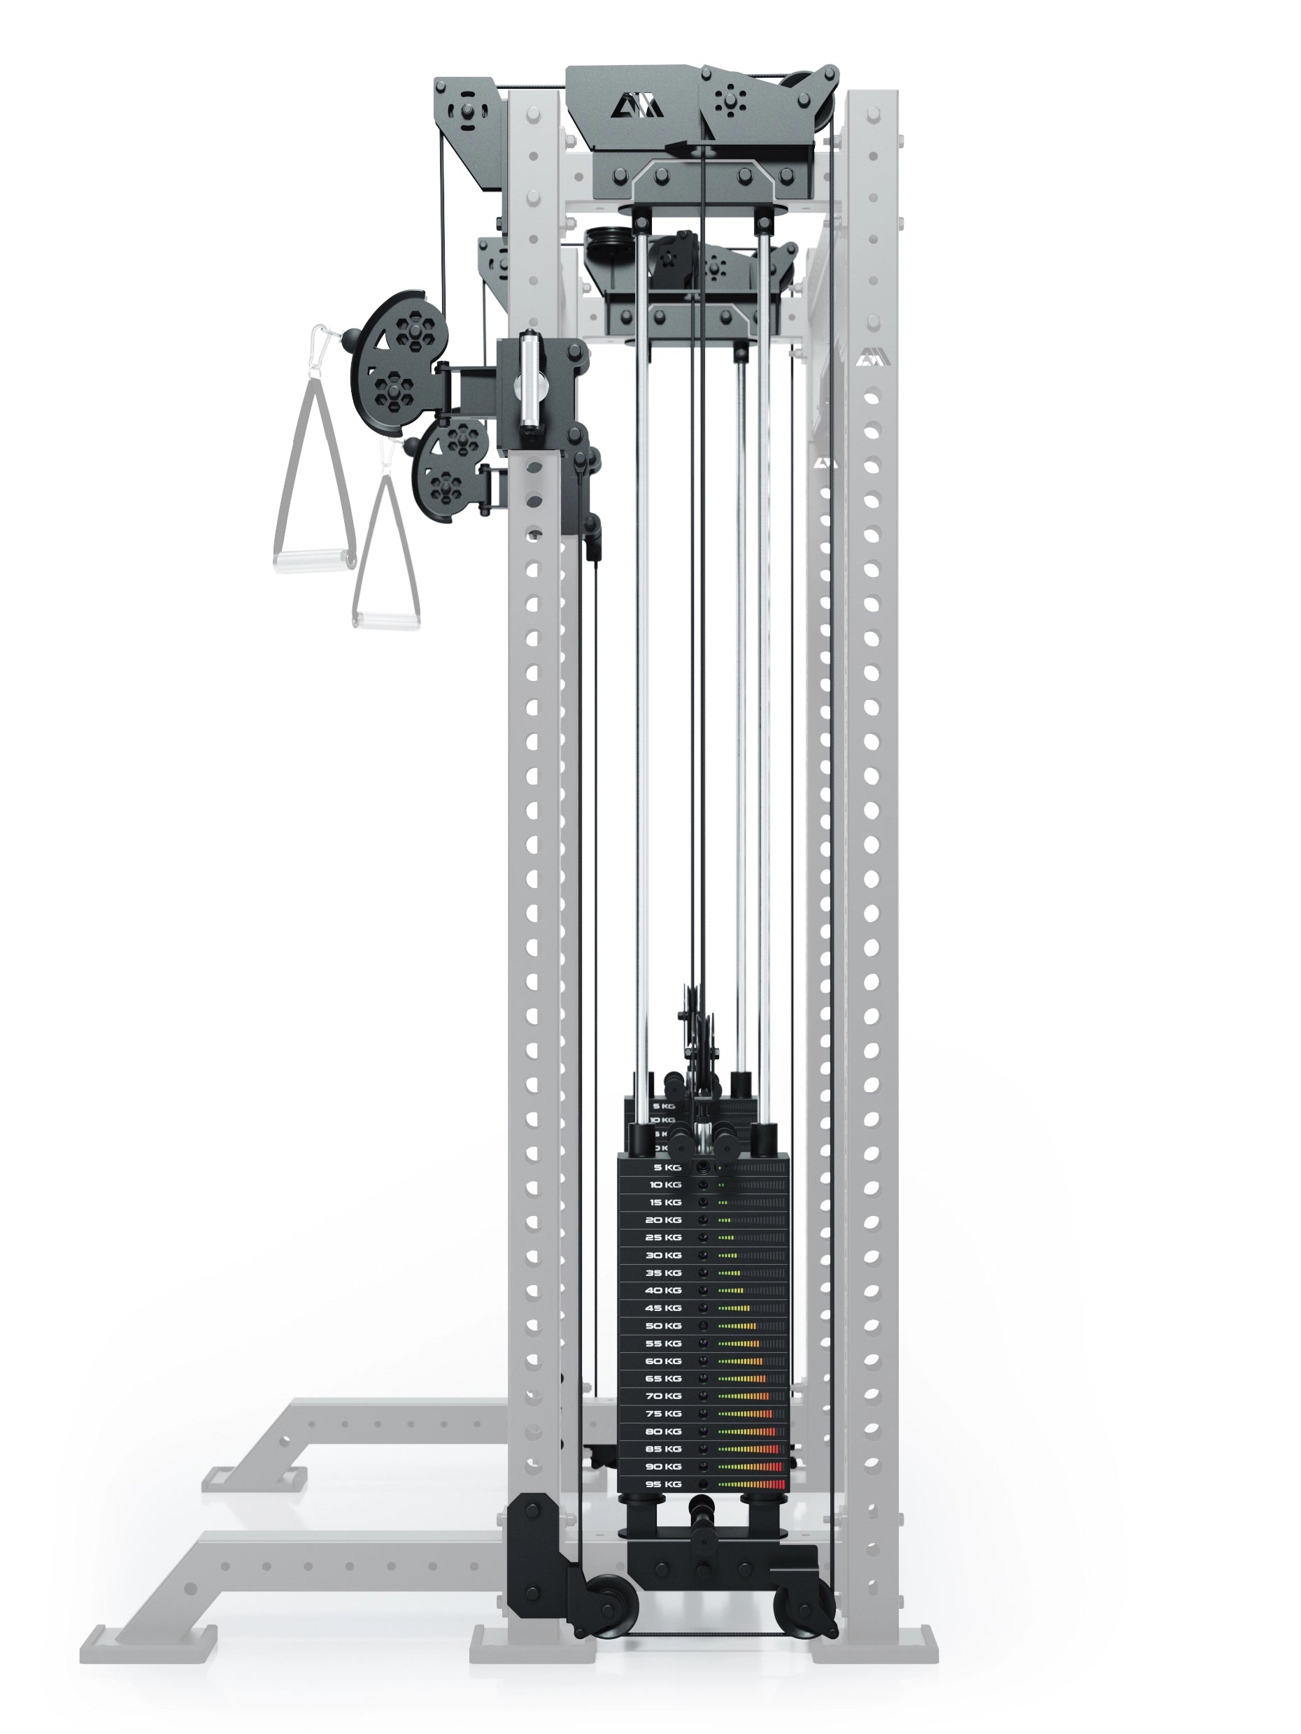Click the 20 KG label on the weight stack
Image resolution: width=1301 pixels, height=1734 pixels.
point(662,1220)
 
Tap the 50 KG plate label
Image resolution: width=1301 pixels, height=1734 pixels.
point(662,1326)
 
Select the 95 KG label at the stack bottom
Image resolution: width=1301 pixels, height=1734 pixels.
point(662,1484)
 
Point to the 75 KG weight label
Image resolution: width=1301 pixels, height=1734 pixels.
point(662,1413)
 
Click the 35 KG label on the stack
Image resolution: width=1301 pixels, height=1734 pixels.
point(662,1273)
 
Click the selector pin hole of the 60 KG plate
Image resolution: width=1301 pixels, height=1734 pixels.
point(703,1361)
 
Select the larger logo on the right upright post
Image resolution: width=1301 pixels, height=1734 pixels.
point(867,357)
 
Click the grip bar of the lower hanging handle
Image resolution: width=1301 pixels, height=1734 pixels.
point(384,621)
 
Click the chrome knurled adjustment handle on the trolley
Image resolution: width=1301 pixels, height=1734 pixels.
point(528,380)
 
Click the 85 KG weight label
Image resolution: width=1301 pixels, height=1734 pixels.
point(662,1449)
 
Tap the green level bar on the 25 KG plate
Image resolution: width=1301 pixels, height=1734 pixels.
point(726,1238)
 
